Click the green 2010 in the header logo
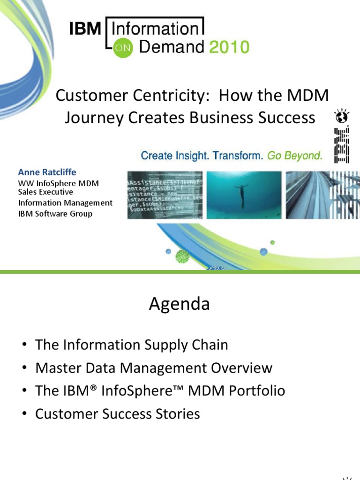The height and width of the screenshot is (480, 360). tap(229, 47)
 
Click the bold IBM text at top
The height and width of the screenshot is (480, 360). tap(85, 30)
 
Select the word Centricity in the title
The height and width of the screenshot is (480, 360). tap(166, 96)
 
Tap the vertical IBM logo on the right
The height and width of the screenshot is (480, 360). tap(342, 145)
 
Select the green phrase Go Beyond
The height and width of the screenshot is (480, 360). tap(295, 156)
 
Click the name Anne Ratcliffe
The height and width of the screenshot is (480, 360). tap(47, 172)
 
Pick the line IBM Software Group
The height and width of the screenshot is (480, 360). tap(55, 214)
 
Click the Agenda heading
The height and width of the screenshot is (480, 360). tap(180, 304)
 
